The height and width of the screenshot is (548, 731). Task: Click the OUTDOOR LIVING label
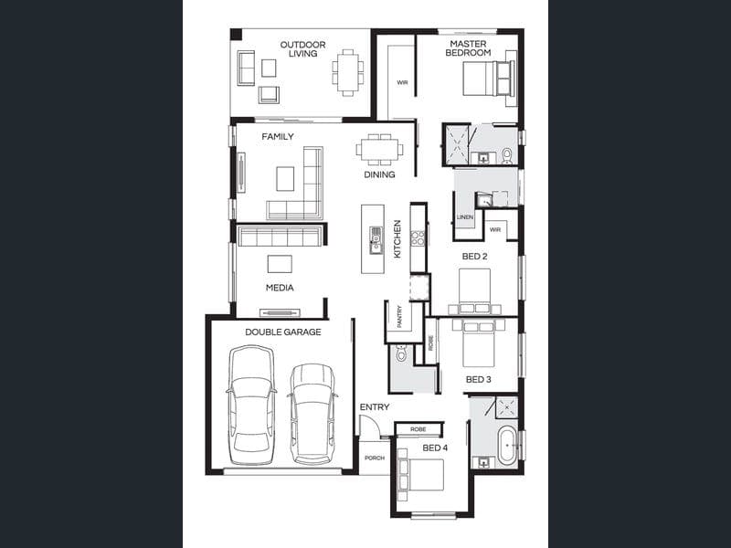coord(302,49)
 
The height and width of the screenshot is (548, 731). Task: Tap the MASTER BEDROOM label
coord(468,48)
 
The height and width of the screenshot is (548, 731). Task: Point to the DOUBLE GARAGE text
coord(283,332)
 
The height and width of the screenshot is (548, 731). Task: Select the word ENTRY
coord(375,406)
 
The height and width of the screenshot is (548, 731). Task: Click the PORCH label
coord(375,458)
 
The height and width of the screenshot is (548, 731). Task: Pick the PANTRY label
coord(399,316)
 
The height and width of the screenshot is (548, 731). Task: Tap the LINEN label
coord(465,217)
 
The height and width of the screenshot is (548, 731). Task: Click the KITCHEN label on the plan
coord(397,239)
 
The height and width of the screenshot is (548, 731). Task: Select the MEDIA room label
coord(280,288)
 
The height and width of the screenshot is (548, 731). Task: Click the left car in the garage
coord(250,405)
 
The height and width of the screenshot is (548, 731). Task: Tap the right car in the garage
coord(313,414)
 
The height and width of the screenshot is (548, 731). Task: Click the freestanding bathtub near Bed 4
coord(507,445)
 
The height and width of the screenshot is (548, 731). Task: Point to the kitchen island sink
coord(376,240)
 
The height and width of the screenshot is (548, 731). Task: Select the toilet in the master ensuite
coord(507,156)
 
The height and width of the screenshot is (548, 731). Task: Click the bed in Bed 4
coord(421,475)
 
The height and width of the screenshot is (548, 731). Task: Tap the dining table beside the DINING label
coord(380,150)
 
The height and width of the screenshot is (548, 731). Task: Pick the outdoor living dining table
coord(348,73)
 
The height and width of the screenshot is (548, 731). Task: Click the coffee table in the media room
coord(280,264)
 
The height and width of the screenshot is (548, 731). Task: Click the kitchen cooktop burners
coord(418,237)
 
